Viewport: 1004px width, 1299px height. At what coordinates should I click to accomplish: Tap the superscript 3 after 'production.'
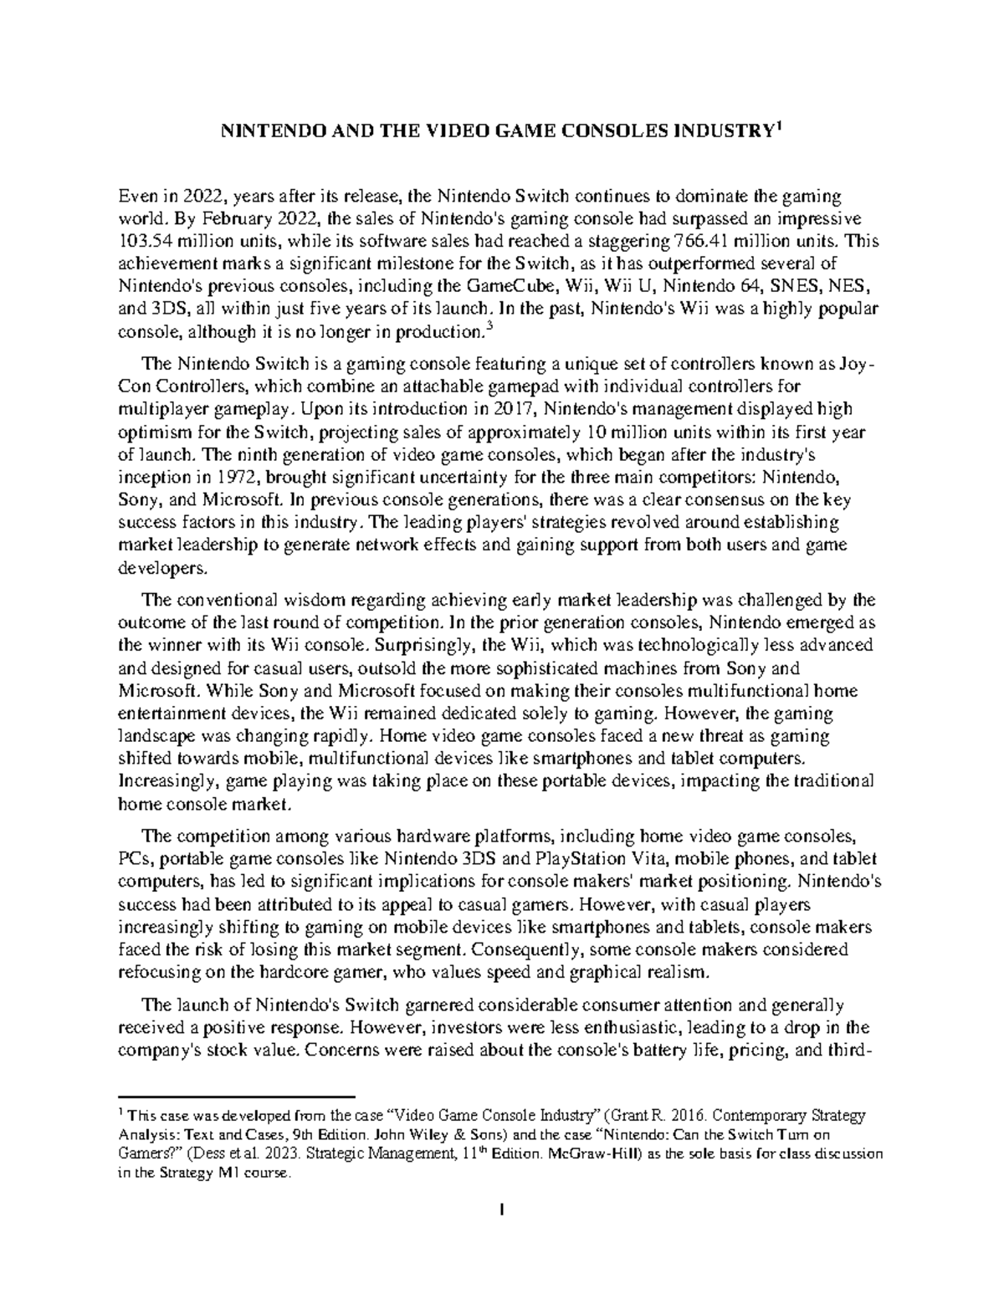point(489,328)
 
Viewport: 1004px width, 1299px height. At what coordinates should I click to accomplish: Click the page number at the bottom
point(501,1210)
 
